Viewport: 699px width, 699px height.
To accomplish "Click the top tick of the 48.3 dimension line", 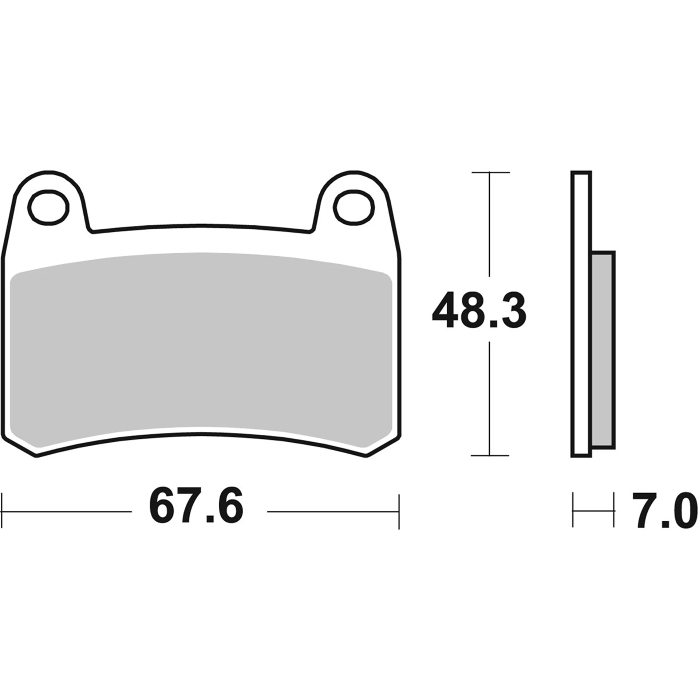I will [490, 172].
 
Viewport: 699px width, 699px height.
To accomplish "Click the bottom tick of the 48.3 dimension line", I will [490, 455].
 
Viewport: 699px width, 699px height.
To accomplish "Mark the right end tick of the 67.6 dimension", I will [399, 511].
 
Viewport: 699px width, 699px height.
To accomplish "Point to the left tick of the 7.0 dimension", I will [573, 511].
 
